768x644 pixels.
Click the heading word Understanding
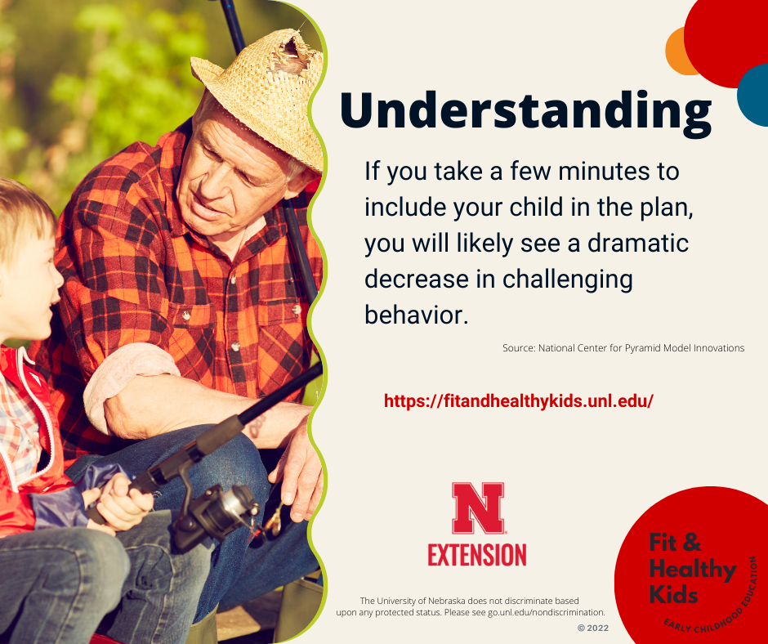[525, 114]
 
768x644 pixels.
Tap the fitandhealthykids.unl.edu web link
[519, 401]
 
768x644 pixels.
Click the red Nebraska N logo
[478, 508]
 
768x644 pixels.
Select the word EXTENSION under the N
[477, 555]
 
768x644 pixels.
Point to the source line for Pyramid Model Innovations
[623, 348]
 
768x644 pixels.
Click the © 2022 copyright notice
[593, 628]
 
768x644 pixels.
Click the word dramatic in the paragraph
[638, 243]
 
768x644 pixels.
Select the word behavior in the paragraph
[417, 314]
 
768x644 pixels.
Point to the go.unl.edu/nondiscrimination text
[546, 612]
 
